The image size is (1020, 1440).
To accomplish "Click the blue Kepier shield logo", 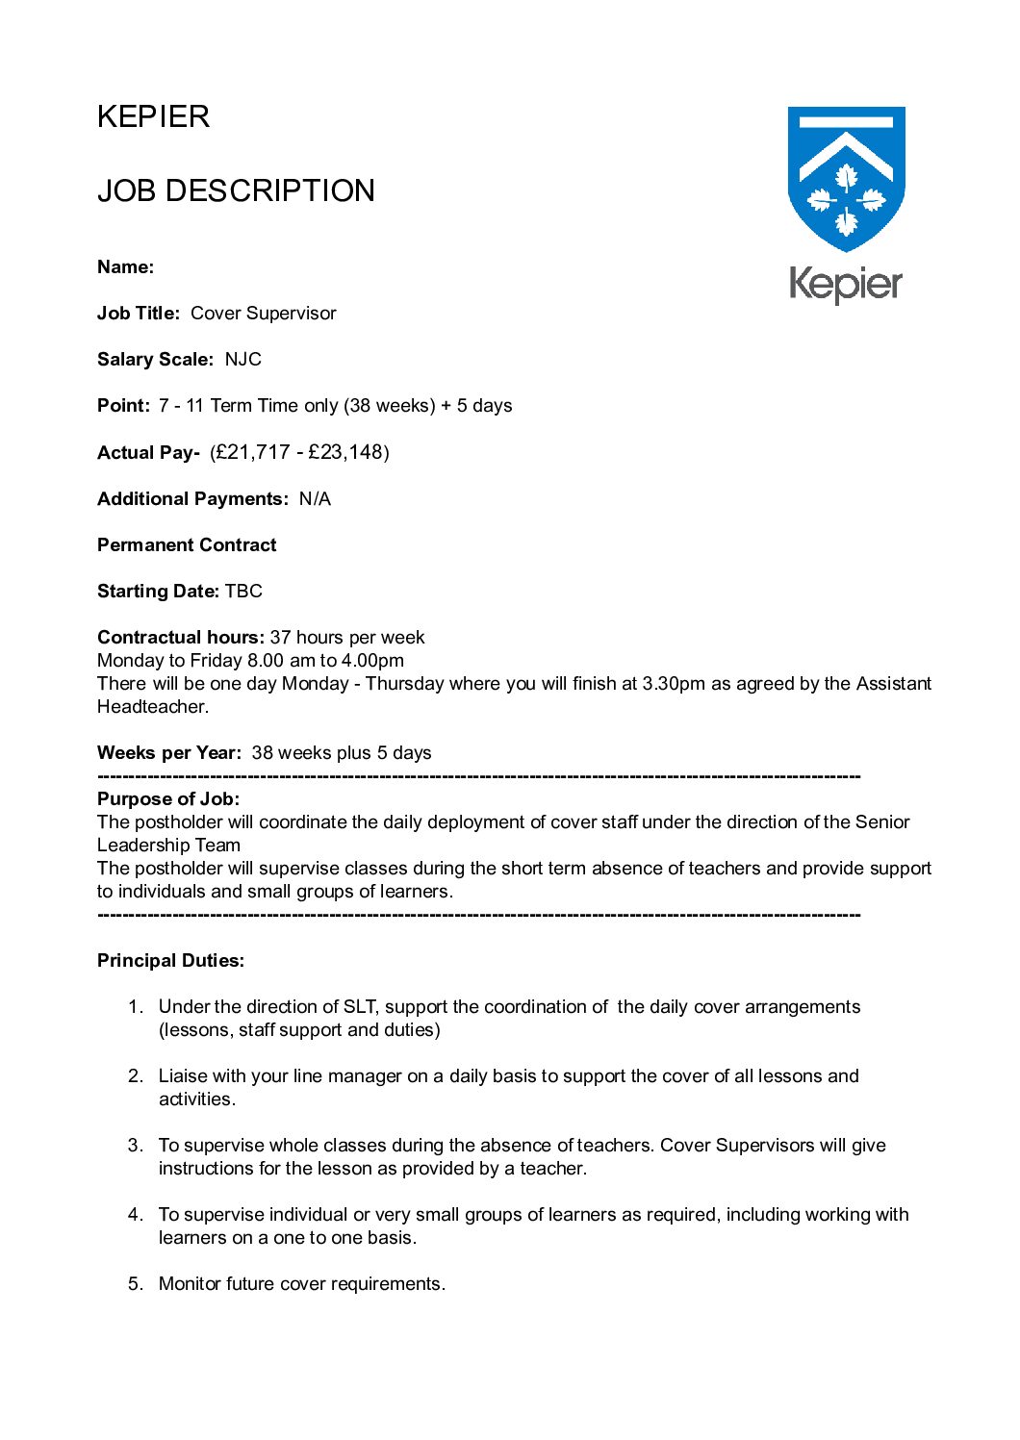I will tap(846, 177).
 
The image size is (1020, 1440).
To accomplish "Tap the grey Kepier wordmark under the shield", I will tap(846, 284).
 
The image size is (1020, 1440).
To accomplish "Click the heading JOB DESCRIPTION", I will tap(236, 190).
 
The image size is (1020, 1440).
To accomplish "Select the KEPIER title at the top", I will tap(153, 116).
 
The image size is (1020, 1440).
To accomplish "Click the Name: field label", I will tap(125, 267).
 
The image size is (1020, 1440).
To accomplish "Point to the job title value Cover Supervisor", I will tap(264, 314).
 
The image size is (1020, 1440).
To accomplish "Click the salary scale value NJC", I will tap(243, 360).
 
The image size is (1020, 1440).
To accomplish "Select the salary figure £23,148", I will tap(345, 452).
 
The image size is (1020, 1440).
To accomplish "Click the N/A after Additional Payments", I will tap(315, 499).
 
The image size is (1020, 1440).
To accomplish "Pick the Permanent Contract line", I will tap(187, 545).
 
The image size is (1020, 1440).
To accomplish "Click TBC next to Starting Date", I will tap(243, 592).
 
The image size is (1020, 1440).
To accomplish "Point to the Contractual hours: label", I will tap(180, 638).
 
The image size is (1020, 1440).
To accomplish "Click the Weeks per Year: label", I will tap(168, 753).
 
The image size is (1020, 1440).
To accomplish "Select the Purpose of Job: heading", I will tap(168, 799).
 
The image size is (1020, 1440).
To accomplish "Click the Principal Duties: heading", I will tap(170, 961).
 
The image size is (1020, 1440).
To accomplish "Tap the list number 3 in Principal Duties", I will tap(135, 1146).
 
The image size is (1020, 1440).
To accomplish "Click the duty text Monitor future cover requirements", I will tap(302, 1284).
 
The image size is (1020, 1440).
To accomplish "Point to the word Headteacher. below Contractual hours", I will tap(152, 707).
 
